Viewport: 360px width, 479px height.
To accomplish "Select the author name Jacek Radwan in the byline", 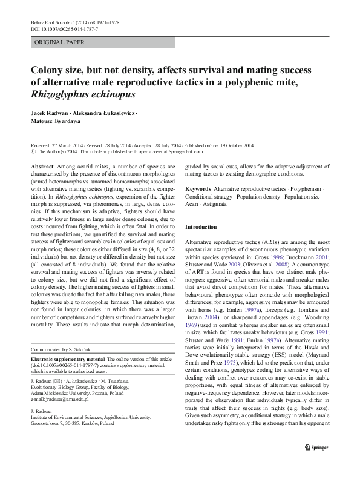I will pos(48,114).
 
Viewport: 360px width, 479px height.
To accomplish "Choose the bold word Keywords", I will pos(198,189).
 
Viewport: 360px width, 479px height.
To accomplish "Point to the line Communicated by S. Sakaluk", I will pos(61,368).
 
